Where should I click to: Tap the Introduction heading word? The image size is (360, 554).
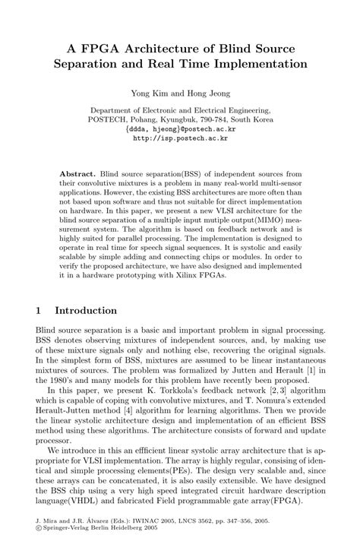click(86, 311)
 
